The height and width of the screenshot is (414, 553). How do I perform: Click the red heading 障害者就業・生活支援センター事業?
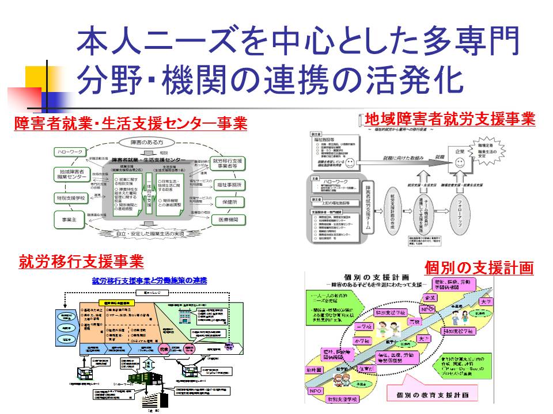pyautogui.click(x=131, y=124)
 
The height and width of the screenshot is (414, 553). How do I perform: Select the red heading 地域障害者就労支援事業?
pyautogui.click(x=450, y=119)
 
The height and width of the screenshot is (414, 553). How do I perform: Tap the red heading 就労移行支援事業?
pyautogui.click(x=81, y=262)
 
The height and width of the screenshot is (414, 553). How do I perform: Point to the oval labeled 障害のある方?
pyautogui.click(x=146, y=142)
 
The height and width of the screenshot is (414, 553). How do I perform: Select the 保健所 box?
pyautogui.click(x=228, y=202)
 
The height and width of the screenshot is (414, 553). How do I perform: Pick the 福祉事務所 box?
pyautogui.click(x=228, y=185)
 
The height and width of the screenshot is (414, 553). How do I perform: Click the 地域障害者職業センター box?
pyautogui.click(x=73, y=175)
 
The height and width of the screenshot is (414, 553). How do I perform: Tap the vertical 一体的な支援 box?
pyautogui.click(x=147, y=190)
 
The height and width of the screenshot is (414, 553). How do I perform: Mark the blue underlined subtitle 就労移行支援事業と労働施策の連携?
pyautogui.click(x=149, y=281)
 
